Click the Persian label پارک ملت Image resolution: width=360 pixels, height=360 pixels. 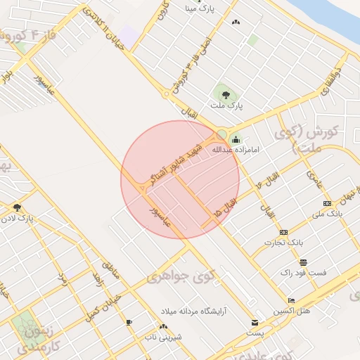229,105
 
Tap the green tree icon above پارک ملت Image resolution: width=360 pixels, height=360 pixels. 225,92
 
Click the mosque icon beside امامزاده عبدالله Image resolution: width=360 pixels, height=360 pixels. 235,138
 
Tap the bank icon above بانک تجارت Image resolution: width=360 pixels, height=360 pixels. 283,232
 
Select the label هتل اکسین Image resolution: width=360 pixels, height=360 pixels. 295,310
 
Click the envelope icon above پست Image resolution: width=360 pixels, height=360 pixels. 254,323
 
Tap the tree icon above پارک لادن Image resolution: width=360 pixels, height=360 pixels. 17,207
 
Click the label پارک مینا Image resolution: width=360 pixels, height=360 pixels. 199,9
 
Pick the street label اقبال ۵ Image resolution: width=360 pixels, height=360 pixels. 228,205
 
